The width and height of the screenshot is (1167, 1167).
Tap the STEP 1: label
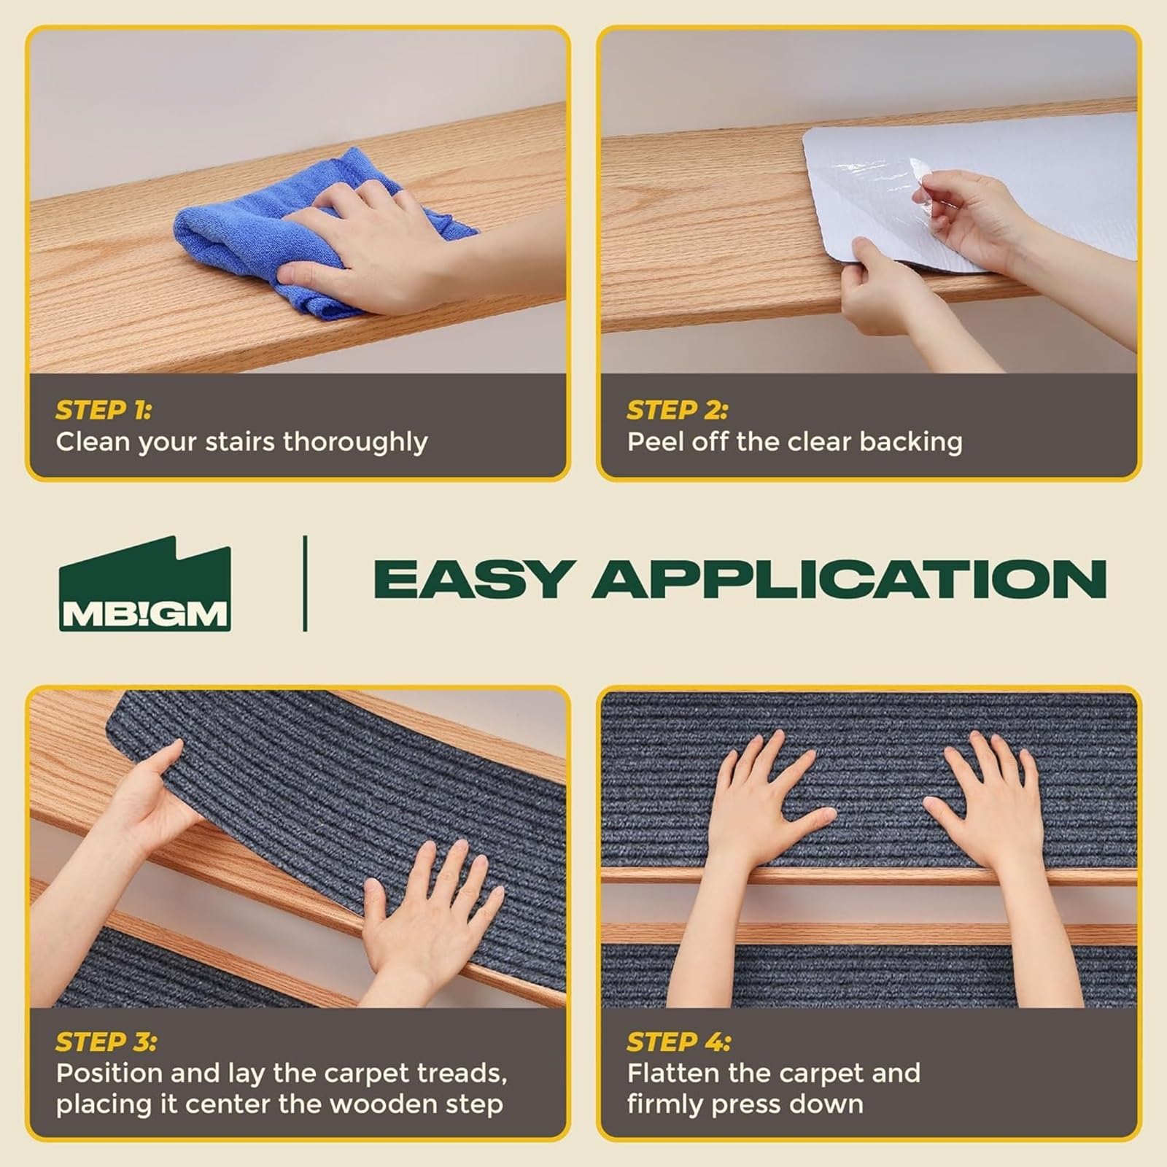pos(104,411)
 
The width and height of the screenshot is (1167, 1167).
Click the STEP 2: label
pos(677,411)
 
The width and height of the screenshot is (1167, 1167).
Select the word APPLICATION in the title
pos(849,580)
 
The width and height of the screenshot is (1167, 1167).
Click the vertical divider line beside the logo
pos(305,583)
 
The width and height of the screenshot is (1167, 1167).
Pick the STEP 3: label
pos(106,1042)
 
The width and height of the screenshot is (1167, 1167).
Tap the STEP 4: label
pos(678,1042)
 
